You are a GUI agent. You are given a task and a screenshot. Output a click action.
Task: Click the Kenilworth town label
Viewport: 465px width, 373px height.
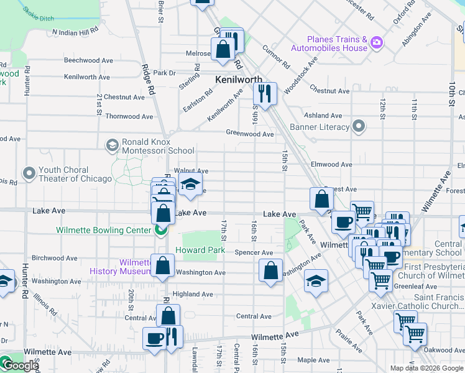(238, 80)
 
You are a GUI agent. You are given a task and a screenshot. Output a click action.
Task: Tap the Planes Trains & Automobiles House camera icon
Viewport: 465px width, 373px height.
(375, 42)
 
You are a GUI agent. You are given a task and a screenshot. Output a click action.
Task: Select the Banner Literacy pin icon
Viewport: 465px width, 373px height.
(359, 127)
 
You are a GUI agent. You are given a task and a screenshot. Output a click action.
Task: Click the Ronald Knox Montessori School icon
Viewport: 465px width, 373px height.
(112, 145)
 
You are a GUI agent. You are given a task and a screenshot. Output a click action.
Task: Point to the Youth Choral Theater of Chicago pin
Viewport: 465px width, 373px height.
(29, 172)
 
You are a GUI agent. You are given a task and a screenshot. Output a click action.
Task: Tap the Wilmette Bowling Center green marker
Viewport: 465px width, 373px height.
(160, 231)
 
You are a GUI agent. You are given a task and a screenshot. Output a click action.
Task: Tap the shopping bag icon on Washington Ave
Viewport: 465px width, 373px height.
(162, 265)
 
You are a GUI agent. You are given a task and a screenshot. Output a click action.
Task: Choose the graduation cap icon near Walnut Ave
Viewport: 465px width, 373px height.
(190, 185)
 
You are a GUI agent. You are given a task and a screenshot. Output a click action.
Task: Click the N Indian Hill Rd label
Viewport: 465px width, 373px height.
(76, 31)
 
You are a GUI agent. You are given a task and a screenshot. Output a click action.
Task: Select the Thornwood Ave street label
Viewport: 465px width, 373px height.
(129, 116)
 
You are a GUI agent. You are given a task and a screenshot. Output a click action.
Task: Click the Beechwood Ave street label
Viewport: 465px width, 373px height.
(88, 60)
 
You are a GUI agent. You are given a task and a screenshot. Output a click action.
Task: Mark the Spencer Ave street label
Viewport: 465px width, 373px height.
(254, 253)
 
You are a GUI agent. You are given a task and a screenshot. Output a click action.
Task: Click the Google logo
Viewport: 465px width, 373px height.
(21, 366)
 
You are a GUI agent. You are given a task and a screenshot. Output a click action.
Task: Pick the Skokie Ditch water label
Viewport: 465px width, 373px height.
(38, 12)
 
